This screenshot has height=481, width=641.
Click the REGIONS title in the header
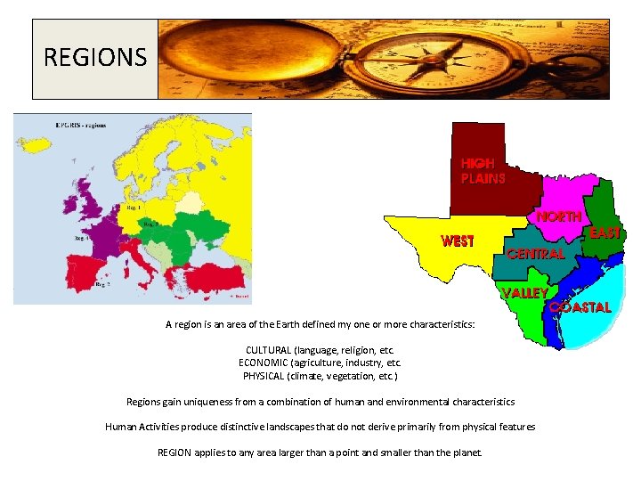95,59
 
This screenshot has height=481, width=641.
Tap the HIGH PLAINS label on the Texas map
483,171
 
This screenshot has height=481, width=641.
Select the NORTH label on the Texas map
558,216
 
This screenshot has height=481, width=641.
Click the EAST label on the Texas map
604,233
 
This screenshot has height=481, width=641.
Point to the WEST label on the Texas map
458,240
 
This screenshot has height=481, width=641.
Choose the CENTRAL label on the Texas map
535,253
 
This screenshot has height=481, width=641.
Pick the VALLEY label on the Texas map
524,292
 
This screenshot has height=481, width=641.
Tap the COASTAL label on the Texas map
580,307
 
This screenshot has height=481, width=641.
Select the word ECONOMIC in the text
267,363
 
